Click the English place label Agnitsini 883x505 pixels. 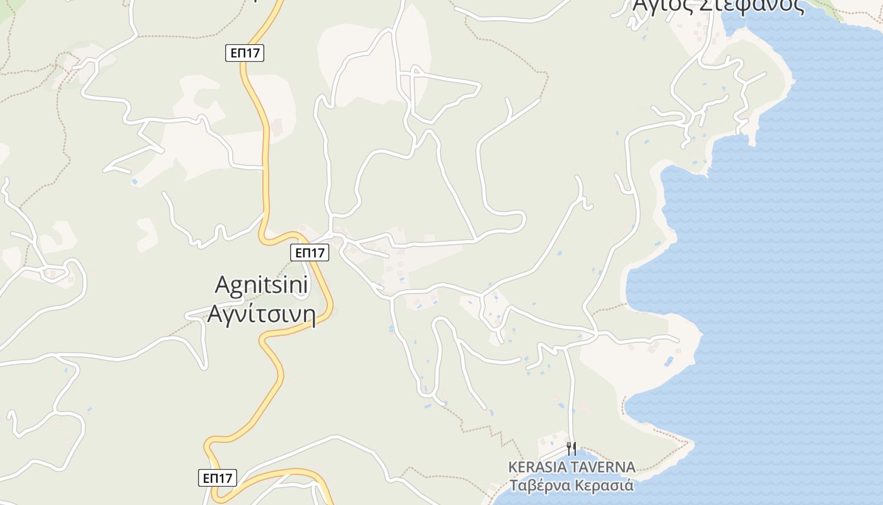pyautogui.click(x=261, y=285)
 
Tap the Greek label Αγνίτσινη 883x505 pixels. pyautogui.click(x=261, y=314)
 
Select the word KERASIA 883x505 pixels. pyautogui.click(x=537, y=468)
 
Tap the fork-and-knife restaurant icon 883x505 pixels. pyautogui.click(x=571, y=449)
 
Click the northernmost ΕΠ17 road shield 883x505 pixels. pyautogui.click(x=245, y=54)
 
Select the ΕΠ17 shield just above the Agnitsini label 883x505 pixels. pyautogui.click(x=310, y=252)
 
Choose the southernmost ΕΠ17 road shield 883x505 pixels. pyautogui.click(x=218, y=478)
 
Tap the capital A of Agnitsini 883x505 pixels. pyautogui.click(x=222, y=285)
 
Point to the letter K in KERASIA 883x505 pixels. pyautogui.click(x=513, y=468)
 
